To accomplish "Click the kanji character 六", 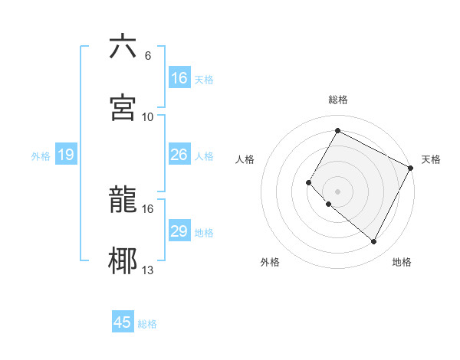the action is click(x=123, y=47).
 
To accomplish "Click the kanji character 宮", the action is click(x=123, y=106).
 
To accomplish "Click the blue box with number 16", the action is click(x=179, y=78).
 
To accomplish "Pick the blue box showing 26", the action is click(x=179, y=155).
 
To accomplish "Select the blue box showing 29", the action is click(x=179, y=231).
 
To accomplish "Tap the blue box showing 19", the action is click(x=65, y=155).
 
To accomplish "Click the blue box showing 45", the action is click(x=123, y=322).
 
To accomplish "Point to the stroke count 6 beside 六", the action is click(x=147, y=56).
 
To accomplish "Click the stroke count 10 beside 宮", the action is click(x=148, y=116).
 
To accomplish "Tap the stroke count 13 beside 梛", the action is click(x=148, y=269).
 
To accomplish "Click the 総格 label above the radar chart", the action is click(x=338, y=100).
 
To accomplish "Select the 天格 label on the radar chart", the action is click(x=431, y=159).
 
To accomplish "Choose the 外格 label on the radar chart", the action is click(x=270, y=262).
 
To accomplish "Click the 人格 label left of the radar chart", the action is click(x=245, y=159).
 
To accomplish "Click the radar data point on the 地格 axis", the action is click(x=374, y=242).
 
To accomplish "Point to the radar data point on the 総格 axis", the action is click(x=337, y=130).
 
